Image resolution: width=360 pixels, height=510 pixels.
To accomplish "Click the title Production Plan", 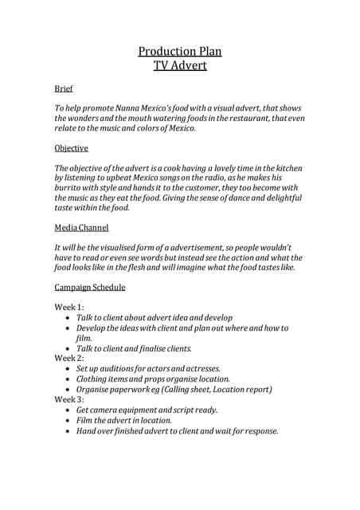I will point(179,52).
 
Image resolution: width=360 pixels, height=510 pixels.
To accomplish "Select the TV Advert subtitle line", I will point(179,65).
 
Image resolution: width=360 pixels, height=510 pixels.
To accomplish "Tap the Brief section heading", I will point(63,88).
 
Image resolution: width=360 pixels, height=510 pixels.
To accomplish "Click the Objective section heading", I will point(71,148).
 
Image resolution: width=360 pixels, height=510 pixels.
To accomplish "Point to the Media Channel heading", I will point(81,228).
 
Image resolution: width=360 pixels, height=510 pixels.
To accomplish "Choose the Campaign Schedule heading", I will point(89,287).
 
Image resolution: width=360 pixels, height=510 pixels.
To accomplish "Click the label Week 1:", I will point(68,307).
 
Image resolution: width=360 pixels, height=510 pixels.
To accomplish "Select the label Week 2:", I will point(68,359).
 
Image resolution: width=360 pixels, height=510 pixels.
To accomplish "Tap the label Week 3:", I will point(68,399).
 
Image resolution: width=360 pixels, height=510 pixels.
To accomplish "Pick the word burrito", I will point(70,188).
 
